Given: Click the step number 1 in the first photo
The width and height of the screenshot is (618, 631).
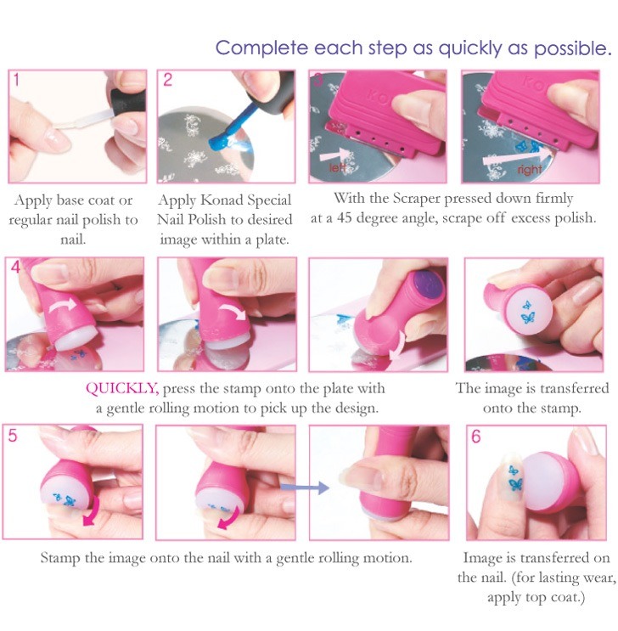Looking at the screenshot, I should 15,82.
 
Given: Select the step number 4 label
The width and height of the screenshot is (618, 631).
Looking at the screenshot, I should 14,269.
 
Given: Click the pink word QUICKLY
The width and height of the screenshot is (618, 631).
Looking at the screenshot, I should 121,389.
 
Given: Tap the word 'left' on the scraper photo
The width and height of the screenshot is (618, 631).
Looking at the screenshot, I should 339,167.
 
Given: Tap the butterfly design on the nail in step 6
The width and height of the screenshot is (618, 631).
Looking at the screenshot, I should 514,485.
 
